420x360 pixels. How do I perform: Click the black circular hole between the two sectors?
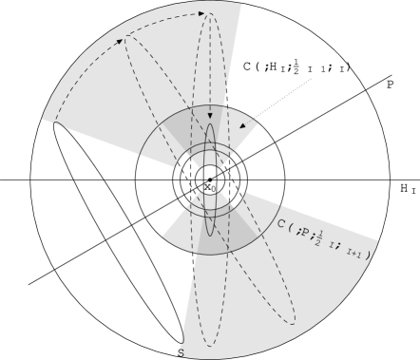click(210, 178)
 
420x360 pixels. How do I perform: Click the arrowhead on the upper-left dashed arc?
click(120, 41)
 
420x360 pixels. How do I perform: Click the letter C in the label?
click(281, 225)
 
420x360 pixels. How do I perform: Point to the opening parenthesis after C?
click(291, 227)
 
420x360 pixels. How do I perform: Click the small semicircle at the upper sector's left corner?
click(54, 124)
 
